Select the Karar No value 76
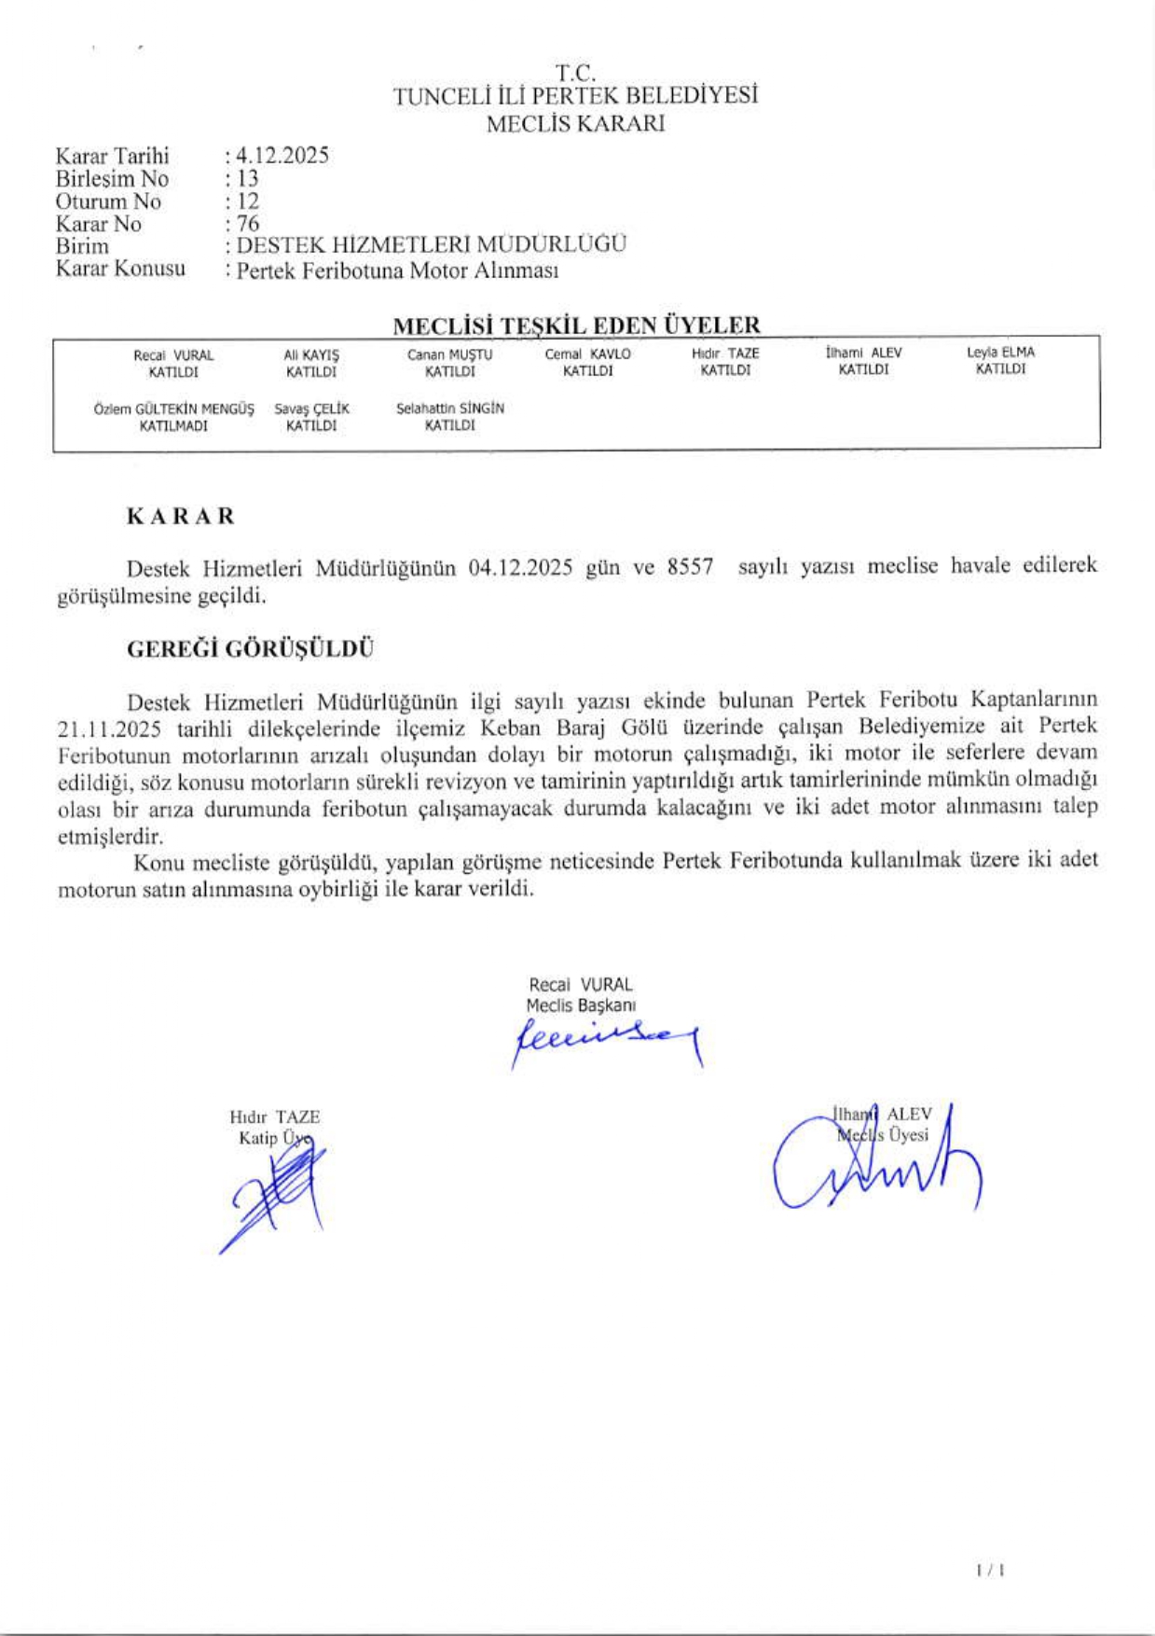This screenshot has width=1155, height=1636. (248, 224)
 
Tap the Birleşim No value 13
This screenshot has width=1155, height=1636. (247, 178)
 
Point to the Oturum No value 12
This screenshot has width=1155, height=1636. (247, 201)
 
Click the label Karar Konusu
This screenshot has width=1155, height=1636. (120, 270)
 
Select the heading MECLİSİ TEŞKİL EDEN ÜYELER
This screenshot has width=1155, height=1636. (576, 326)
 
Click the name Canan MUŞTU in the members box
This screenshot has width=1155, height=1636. (449, 354)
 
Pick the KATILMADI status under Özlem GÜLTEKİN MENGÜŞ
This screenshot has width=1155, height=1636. (173, 426)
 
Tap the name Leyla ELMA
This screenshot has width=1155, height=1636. (1000, 353)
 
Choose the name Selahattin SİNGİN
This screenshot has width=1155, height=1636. (449, 409)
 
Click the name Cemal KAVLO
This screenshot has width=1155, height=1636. (587, 354)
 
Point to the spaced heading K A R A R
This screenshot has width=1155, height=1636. (181, 516)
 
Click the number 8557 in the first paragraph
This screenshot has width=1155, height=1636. (690, 567)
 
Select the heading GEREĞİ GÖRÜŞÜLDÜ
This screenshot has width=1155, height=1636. (250, 649)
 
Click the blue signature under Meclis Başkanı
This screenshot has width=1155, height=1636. (606, 1038)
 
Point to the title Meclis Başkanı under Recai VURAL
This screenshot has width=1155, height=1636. (580, 1005)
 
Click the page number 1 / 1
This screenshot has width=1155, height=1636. (989, 1571)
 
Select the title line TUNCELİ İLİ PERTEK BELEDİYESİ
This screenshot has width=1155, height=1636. (575, 96)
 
